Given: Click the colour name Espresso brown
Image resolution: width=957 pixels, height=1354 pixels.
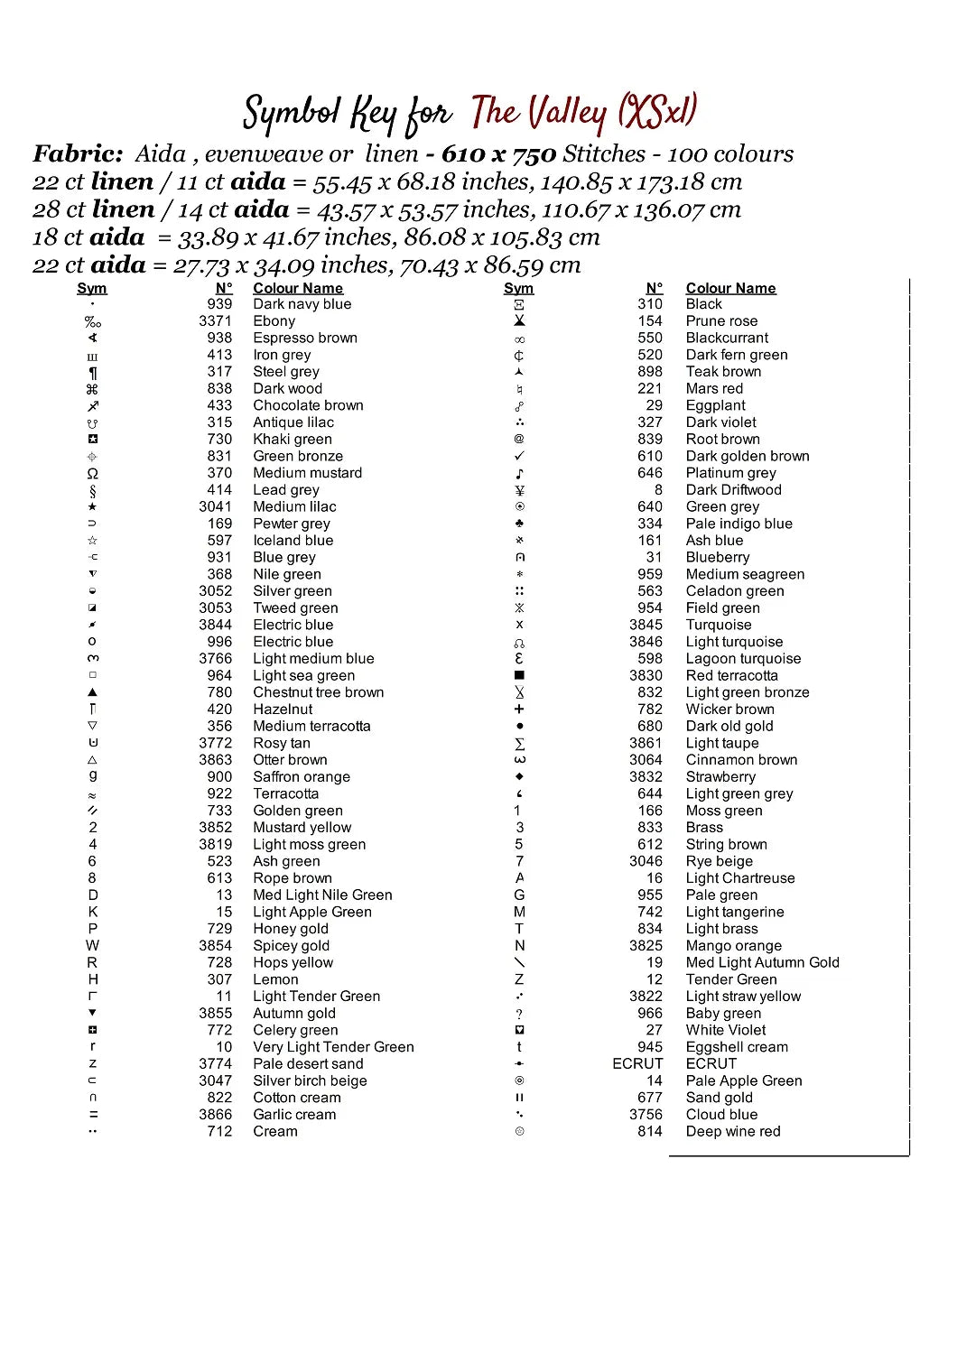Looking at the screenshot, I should click(304, 338).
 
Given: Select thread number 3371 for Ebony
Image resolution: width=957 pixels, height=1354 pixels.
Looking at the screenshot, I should click(215, 320).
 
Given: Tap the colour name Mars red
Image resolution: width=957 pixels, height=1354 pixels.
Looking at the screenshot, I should click(714, 388).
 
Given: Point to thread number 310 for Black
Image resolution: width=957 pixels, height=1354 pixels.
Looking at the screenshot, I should click(649, 304).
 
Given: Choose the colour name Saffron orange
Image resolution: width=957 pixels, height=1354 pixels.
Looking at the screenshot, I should click(301, 777).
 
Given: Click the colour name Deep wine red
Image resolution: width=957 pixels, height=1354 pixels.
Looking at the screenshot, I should click(732, 1131).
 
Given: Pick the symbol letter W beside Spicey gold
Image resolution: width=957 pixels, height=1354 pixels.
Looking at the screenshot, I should click(92, 945).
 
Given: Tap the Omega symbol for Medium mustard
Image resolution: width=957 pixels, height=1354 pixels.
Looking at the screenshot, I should click(92, 473).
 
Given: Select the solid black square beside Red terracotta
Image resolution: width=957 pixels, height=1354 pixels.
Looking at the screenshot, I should click(519, 675).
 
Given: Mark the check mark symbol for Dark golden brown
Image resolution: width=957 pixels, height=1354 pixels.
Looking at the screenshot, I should click(519, 456).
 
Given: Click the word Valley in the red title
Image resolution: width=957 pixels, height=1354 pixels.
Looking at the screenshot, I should click(567, 114).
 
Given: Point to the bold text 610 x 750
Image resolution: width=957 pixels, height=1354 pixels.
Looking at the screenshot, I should click(498, 154).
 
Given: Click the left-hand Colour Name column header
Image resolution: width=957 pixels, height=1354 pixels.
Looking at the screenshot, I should click(298, 288).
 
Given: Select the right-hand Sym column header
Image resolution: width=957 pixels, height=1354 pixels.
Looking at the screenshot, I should click(518, 288).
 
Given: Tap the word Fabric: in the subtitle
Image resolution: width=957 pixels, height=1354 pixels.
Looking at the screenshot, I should click(78, 154).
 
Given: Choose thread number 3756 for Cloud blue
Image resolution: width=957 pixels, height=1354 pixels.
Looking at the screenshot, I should click(646, 1115).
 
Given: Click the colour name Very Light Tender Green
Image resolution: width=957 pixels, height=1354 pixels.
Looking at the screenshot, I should click(333, 1047).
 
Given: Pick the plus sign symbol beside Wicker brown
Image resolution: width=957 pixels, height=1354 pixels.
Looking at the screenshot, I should click(519, 709).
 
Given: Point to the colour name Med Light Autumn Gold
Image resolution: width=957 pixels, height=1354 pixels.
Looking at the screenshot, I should click(762, 962).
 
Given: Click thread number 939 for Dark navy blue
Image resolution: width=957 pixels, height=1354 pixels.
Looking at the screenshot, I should click(219, 304).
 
